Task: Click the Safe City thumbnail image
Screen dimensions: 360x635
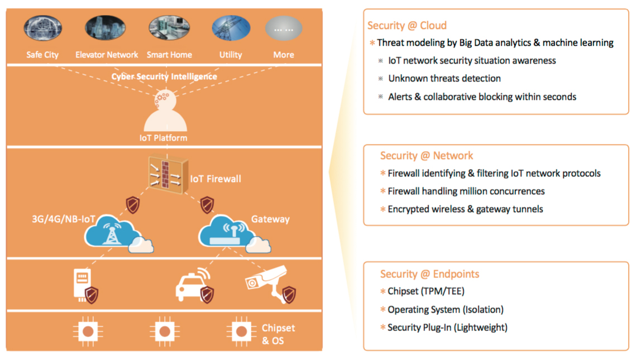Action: pyautogui.click(x=43, y=28)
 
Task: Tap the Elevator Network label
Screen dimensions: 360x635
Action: pyautogui.click(x=107, y=55)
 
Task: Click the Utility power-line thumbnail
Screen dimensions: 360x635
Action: pyautogui.click(x=231, y=28)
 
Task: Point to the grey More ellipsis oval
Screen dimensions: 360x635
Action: pyautogui.click(x=283, y=28)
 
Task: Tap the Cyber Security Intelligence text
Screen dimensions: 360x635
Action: pyautogui.click(x=164, y=76)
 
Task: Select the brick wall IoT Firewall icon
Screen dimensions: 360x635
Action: pyautogui.click(x=166, y=176)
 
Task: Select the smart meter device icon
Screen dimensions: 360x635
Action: pyautogui.click(x=82, y=284)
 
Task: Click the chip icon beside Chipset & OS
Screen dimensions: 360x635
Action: pyautogui.click(x=241, y=332)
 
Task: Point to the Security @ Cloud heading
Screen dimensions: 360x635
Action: pyautogui.click(x=407, y=26)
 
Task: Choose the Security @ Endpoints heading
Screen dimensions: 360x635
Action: pyautogui.click(x=429, y=274)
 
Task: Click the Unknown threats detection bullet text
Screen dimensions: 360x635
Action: pyautogui.click(x=444, y=79)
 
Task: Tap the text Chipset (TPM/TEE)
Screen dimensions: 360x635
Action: pyautogui.click(x=426, y=291)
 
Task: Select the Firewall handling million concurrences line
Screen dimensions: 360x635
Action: pyautogui.click(x=466, y=191)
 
